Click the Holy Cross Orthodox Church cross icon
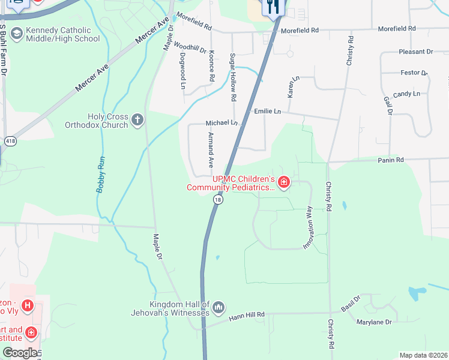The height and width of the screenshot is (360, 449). click(137, 120)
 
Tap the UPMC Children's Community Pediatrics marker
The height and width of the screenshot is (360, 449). click(283, 182)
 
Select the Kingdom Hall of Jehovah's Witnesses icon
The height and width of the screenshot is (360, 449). click(218, 308)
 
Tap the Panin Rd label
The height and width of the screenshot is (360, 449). click(391, 160)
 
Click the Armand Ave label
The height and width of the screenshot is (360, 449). click(211, 150)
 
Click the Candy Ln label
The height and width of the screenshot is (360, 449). click(406, 94)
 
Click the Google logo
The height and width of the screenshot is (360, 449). click(20, 353)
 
